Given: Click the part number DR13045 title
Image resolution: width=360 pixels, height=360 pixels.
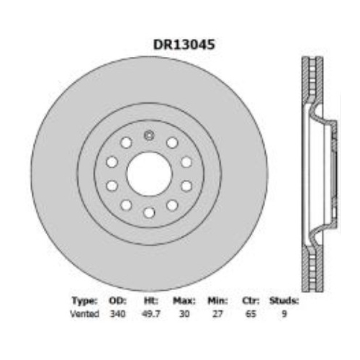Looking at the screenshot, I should coord(184,44).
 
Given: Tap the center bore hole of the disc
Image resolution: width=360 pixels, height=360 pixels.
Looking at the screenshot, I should coord(149,174).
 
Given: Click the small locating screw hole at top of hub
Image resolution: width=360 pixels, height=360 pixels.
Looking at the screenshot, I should coord(149,136).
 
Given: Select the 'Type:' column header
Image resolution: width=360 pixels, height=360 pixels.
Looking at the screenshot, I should coord(85,300).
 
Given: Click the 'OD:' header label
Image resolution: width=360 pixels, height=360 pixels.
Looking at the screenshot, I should coord(117,300).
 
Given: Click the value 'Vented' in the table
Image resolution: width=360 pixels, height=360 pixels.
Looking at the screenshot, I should coord(85,314).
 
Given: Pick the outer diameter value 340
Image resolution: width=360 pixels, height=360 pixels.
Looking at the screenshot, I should coord(117,314).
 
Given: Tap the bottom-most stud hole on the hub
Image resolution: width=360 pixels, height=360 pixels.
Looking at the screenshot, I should coord(149,212).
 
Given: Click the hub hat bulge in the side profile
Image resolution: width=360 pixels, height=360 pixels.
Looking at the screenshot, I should coord(325,174).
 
